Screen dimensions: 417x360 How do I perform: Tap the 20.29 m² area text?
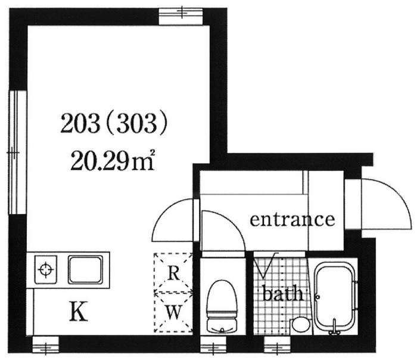tap(112, 160)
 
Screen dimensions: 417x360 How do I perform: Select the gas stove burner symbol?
tap(46, 270)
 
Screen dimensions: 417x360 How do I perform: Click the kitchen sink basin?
tap(86, 269)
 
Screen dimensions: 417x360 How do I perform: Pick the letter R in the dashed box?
tap(174, 274)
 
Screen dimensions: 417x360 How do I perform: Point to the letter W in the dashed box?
tap(174, 312)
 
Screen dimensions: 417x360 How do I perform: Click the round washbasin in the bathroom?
tap(301, 325)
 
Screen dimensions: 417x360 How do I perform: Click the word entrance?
tap(292, 219)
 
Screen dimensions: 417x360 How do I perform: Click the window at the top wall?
tap(181, 16)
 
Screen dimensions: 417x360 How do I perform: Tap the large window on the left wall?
tap(17, 152)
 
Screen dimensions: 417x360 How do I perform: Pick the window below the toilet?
tap(213, 345)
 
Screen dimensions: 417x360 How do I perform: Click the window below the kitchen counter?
tap(46, 345)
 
